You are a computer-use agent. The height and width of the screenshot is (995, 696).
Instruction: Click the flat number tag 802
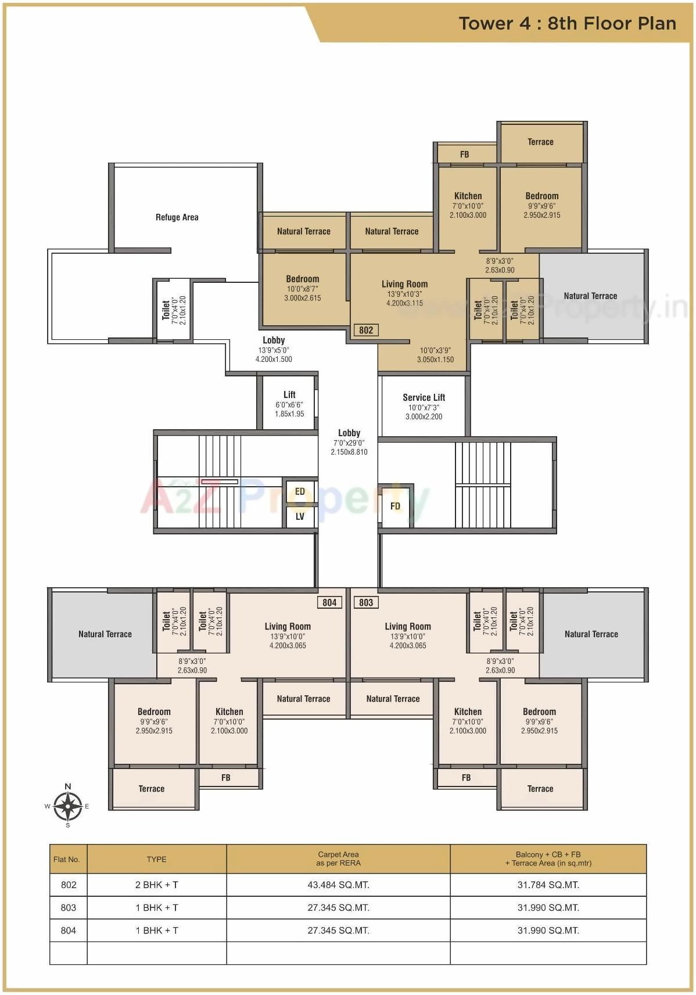click(366, 330)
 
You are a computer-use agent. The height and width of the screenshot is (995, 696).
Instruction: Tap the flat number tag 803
click(366, 602)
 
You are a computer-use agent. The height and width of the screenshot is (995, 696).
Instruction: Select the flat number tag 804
click(329, 602)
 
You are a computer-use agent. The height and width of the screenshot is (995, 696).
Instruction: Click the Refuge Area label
click(177, 217)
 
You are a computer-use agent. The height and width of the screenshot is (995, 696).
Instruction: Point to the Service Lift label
click(424, 397)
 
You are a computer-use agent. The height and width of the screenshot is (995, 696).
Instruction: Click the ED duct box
click(300, 491)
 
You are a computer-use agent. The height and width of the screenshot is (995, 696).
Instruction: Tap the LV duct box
click(300, 516)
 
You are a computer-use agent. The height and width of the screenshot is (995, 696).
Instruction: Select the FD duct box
click(395, 506)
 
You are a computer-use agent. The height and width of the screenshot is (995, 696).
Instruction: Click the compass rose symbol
click(68, 806)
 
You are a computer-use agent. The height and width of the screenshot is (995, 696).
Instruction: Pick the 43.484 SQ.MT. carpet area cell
click(338, 885)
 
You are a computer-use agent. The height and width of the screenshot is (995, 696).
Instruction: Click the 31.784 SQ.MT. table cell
click(548, 885)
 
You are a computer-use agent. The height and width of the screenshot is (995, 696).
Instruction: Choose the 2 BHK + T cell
click(156, 885)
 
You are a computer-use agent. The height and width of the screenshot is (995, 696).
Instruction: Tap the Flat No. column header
click(67, 859)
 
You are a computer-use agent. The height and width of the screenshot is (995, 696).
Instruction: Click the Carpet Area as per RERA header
click(338, 858)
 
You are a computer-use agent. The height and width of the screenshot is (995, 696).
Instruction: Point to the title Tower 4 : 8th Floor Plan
click(567, 23)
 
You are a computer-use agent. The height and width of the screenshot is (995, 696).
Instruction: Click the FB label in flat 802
click(464, 155)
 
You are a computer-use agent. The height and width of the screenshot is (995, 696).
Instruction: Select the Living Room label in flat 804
click(288, 626)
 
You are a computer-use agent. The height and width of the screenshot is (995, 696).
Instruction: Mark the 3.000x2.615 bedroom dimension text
click(302, 298)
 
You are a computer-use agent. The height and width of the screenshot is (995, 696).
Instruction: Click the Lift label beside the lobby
click(289, 394)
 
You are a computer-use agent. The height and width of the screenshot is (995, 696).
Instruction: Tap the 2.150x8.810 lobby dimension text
click(349, 452)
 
